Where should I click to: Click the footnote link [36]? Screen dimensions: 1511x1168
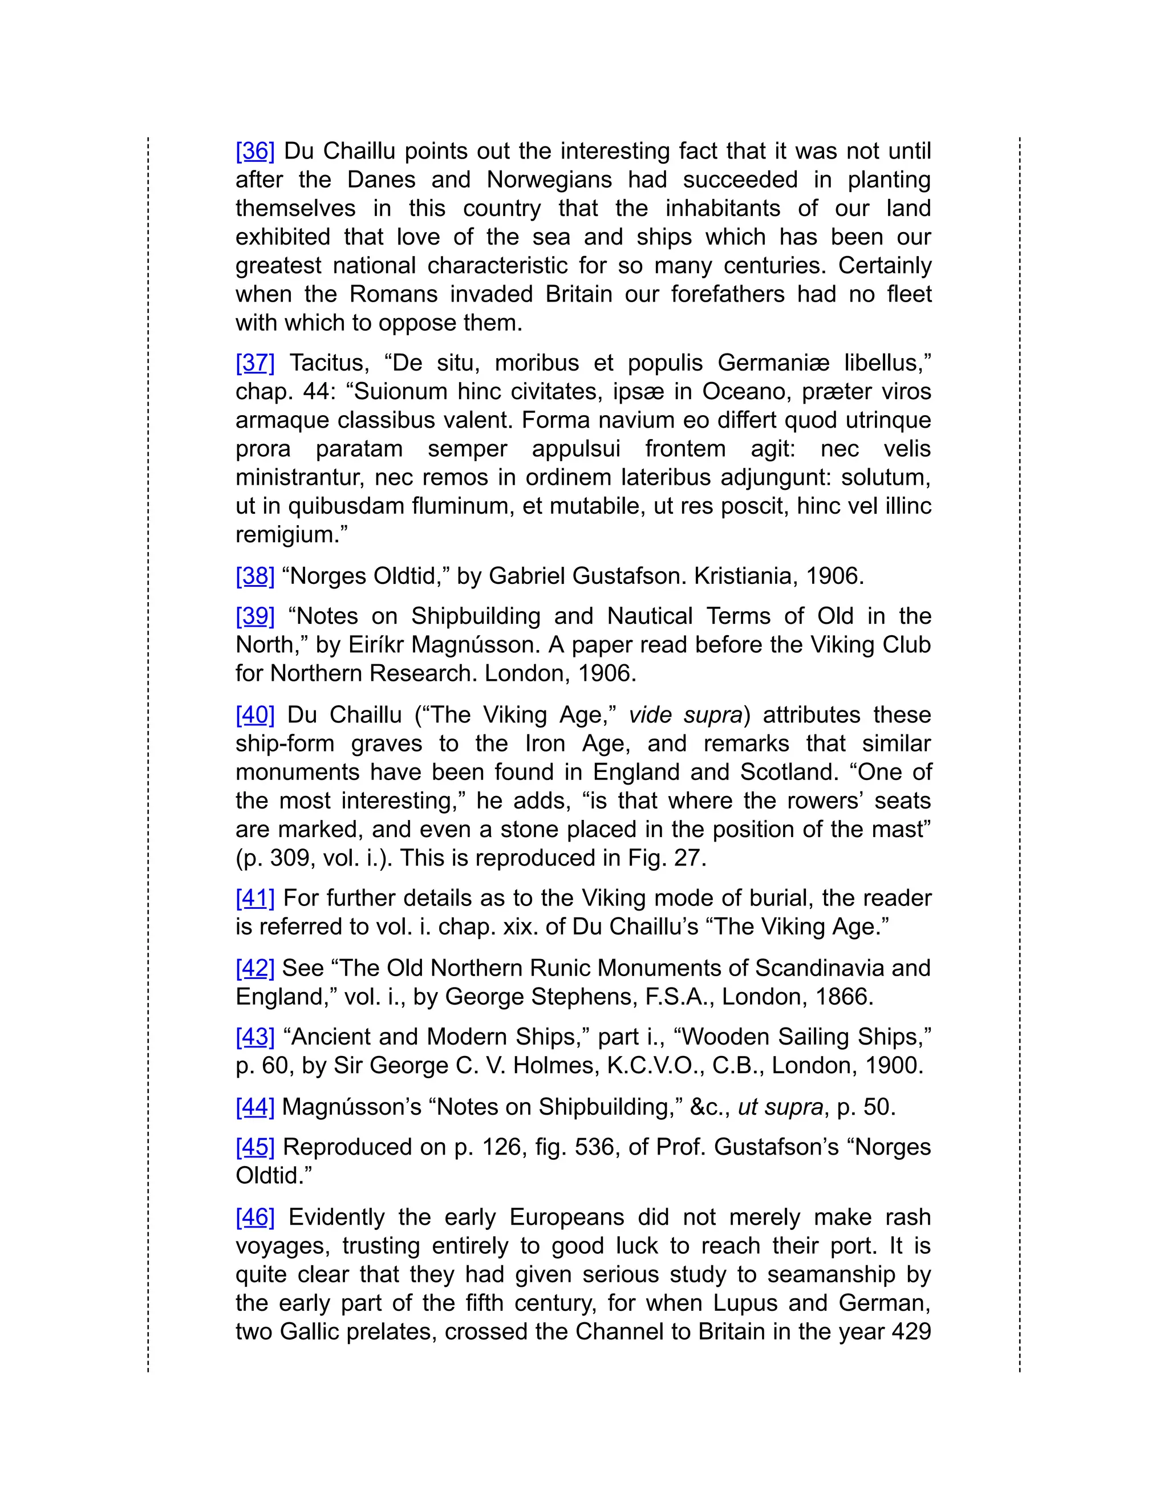tap(254, 151)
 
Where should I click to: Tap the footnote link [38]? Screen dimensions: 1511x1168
tap(254, 576)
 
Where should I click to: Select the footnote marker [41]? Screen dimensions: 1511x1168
tap(254, 898)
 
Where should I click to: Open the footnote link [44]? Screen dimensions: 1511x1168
tap(254, 1107)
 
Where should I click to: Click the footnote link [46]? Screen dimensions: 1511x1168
tap(254, 1217)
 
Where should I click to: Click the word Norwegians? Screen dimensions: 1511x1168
tap(549, 180)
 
